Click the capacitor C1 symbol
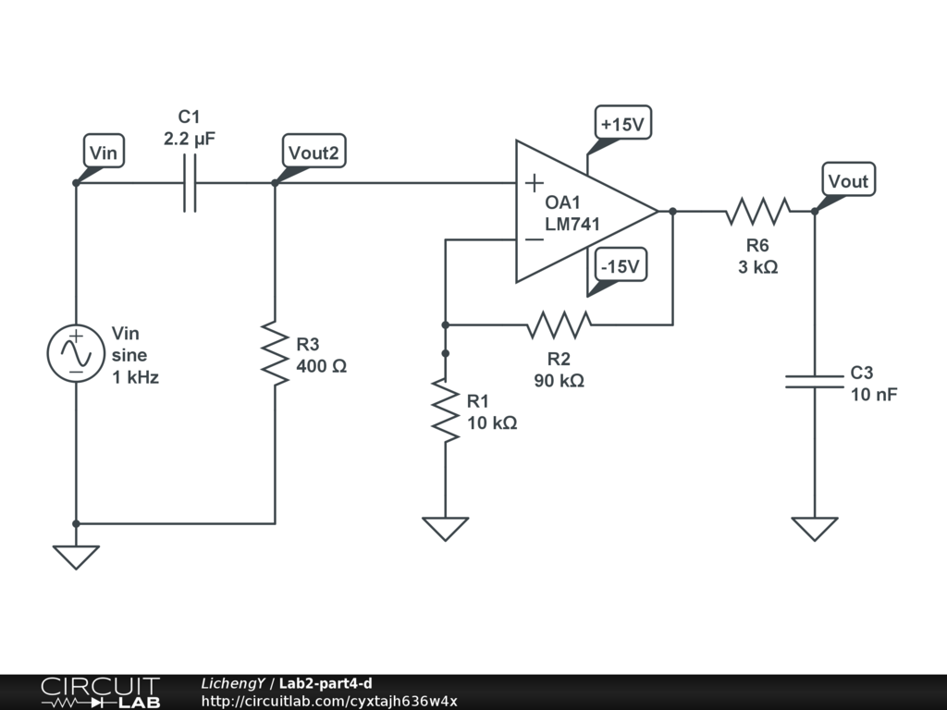coord(190,183)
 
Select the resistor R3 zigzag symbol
coord(275,354)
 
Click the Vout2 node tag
coord(313,153)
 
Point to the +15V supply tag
coord(622,124)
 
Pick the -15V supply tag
coord(620,266)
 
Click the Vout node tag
coord(848,181)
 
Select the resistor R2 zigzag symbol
coord(559,324)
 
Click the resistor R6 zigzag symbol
coord(757,212)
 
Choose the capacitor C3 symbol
coord(815,381)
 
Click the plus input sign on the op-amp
coord(534,183)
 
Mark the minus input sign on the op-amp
coord(534,239)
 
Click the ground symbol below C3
coord(815,528)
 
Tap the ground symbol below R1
coord(445,528)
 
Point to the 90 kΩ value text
coord(559,380)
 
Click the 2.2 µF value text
coord(190,139)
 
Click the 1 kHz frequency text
coord(135,377)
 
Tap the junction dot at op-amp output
coord(672,212)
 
